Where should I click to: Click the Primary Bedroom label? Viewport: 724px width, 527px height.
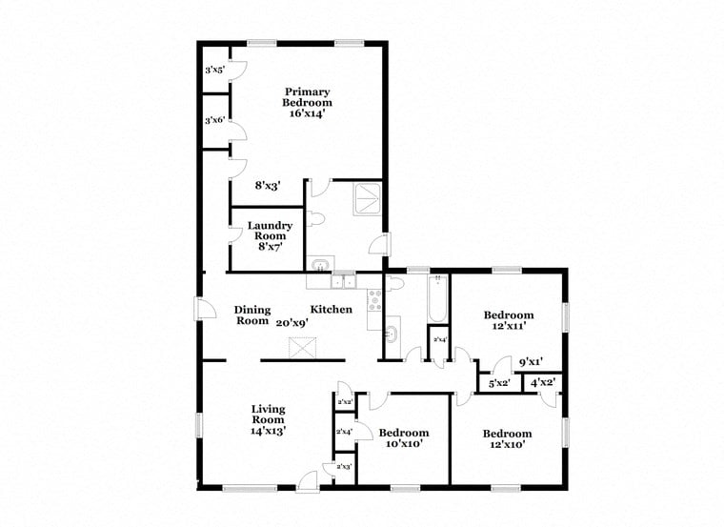point(308,102)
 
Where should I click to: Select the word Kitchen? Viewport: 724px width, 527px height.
point(331,310)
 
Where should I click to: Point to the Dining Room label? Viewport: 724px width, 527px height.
point(252,315)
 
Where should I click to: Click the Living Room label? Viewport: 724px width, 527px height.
point(268,419)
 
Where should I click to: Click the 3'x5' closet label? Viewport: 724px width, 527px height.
point(214,70)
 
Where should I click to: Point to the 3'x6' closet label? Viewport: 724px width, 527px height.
point(214,121)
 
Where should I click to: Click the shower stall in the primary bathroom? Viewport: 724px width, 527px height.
point(367,197)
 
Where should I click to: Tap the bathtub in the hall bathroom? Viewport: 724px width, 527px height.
point(438,298)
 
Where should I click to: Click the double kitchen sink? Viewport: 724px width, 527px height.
point(343,281)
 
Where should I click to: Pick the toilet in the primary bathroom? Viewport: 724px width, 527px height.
point(316,219)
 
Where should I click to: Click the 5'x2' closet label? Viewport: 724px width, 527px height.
point(499,383)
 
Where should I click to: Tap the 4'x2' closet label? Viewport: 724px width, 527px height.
point(542,383)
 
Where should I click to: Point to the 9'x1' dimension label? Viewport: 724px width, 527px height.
point(530,362)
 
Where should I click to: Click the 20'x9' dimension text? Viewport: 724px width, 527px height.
point(292,322)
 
